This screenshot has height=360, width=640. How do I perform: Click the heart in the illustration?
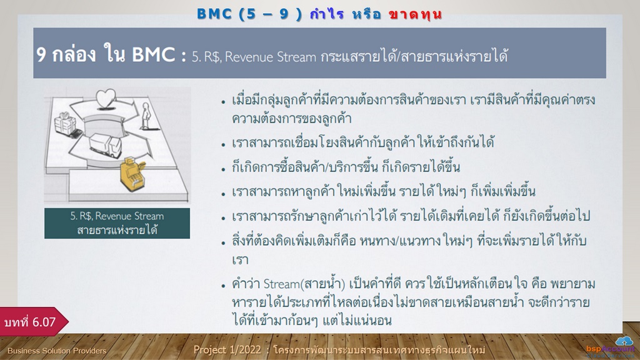(106, 99)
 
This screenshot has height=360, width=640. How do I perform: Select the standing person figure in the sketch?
(146, 116)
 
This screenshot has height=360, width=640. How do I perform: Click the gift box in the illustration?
(65, 122)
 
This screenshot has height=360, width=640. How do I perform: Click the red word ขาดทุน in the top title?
(416, 14)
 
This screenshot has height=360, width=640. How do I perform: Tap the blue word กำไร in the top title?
(326, 14)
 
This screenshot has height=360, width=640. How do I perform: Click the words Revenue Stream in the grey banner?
(270, 57)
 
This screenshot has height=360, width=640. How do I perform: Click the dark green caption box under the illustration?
(117, 223)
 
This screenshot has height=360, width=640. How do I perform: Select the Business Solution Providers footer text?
(57, 351)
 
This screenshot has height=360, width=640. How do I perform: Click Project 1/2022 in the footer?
(227, 350)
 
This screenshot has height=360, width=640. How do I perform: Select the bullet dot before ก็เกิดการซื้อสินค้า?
(223, 169)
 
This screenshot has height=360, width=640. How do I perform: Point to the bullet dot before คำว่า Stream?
(223, 286)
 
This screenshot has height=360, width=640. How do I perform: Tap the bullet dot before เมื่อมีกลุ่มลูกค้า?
(223, 102)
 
